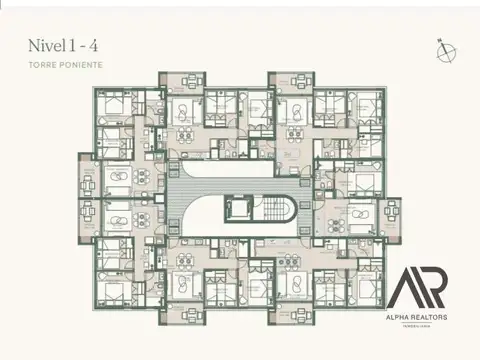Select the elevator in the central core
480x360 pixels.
(x=237, y=208)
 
